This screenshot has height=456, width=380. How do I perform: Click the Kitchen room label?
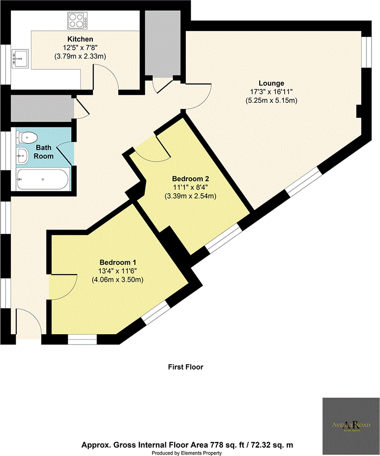click(80, 38)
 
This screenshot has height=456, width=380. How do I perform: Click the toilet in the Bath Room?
click(26, 136)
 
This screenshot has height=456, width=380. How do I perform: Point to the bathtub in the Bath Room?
click(42, 179)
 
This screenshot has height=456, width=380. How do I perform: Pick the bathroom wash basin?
click(23, 155)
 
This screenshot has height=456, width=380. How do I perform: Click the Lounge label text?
click(271, 83)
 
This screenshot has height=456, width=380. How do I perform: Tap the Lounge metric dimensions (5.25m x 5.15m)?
click(271, 100)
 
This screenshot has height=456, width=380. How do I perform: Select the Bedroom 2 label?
click(190, 178)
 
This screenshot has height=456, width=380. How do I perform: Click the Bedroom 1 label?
click(117, 262)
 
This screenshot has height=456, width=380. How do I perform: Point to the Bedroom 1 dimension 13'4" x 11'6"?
click(117, 271)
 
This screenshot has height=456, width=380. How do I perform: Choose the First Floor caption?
click(185, 367)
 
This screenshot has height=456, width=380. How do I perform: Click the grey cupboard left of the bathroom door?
click(40, 107)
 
